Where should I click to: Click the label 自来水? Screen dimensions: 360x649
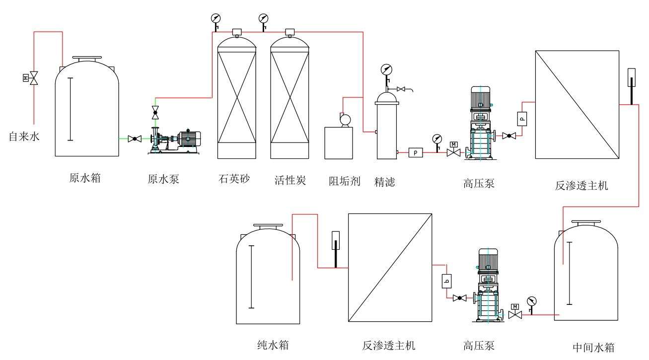[x=23, y=136]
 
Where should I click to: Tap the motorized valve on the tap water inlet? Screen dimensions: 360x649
[x=33, y=77]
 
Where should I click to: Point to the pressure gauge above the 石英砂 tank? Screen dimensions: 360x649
[x=216, y=19]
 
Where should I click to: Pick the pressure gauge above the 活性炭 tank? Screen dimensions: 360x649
[x=263, y=19]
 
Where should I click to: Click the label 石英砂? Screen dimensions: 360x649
[x=234, y=179]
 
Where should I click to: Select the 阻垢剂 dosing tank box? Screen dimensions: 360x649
[x=338, y=143]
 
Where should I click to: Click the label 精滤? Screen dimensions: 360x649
[x=385, y=182]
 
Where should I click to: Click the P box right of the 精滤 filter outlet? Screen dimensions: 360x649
[x=415, y=153]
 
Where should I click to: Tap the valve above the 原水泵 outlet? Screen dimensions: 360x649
[x=155, y=111]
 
